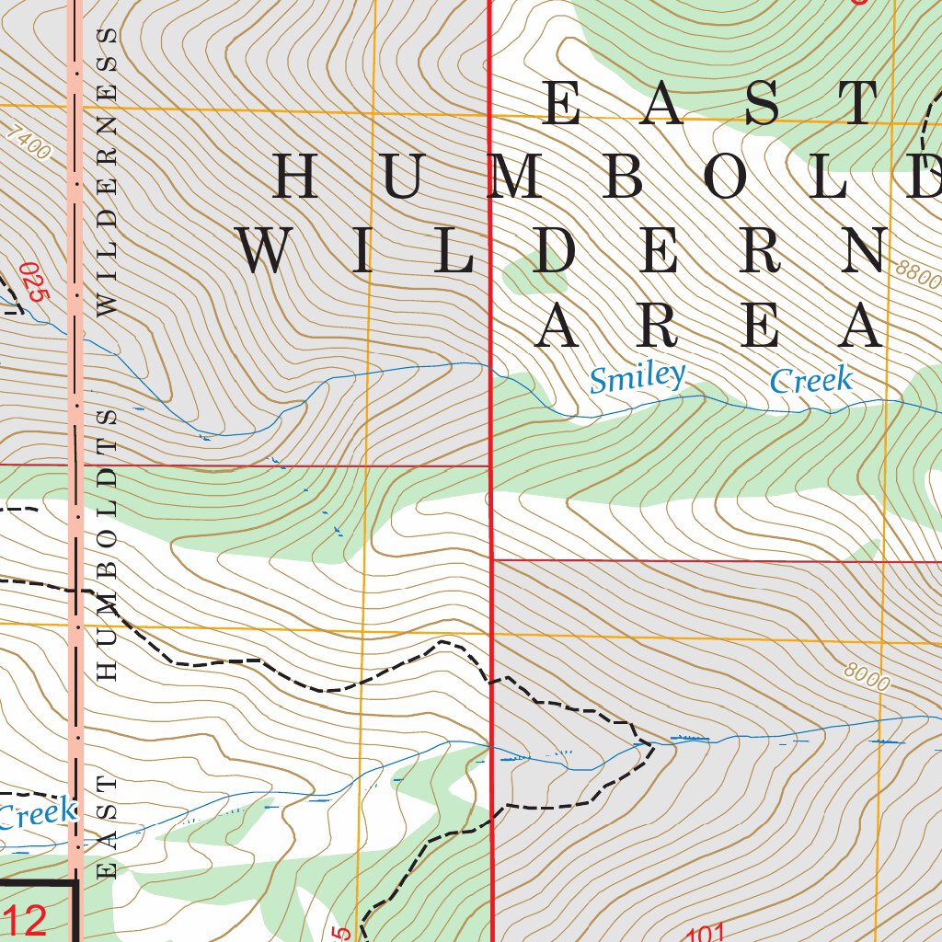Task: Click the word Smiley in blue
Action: (638, 377)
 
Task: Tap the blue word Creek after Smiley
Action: (810, 380)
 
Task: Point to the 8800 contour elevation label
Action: (917, 274)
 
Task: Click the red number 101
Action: (706, 933)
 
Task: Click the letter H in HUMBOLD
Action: (296, 177)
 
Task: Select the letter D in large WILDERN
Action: (559, 250)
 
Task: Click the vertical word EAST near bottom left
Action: (108, 826)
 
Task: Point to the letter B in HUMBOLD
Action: (625, 177)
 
